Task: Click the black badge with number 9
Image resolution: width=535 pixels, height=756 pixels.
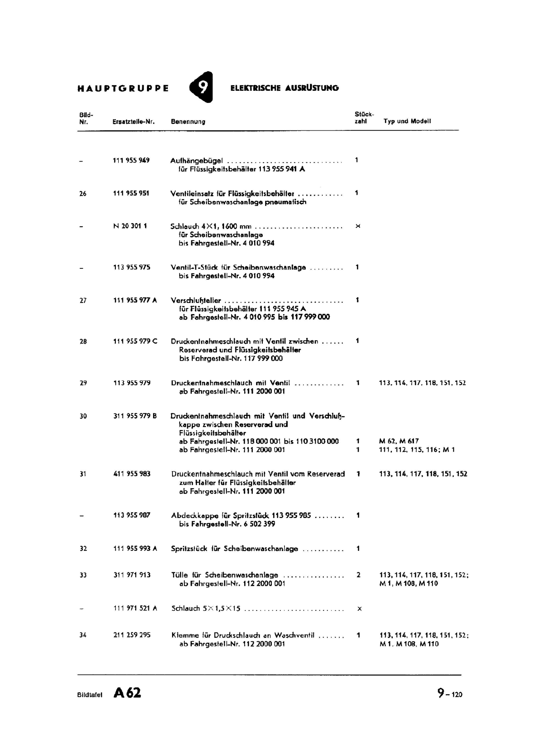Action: coord(202,87)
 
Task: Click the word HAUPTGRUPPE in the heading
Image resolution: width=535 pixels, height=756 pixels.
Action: coord(123,88)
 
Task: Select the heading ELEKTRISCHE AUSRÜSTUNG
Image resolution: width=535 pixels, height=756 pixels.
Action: coord(285,88)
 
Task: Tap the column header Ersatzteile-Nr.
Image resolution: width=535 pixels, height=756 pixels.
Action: coord(134,121)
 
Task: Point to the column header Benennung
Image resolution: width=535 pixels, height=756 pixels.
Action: coord(188,121)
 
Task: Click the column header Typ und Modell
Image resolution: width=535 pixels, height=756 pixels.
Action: coord(407,121)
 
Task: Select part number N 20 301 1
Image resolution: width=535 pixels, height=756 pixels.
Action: coord(130,226)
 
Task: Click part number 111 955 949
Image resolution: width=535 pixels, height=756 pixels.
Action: coord(131,160)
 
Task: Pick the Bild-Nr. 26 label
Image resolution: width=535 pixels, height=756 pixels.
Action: coord(83,193)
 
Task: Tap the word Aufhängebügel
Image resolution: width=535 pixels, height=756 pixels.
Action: coord(196,161)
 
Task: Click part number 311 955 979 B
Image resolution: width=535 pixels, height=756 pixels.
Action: coord(135,416)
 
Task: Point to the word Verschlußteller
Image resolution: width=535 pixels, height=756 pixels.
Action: coord(196,301)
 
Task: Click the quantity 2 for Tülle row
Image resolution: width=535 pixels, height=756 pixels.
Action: coord(358,575)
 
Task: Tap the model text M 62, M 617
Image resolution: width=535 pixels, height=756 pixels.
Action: coord(399,441)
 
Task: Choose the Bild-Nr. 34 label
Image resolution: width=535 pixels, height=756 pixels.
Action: coord(83,635)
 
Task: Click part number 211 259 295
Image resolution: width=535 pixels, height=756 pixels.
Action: coord(132,635)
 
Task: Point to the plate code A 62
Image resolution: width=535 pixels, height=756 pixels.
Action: coord(127,693)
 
